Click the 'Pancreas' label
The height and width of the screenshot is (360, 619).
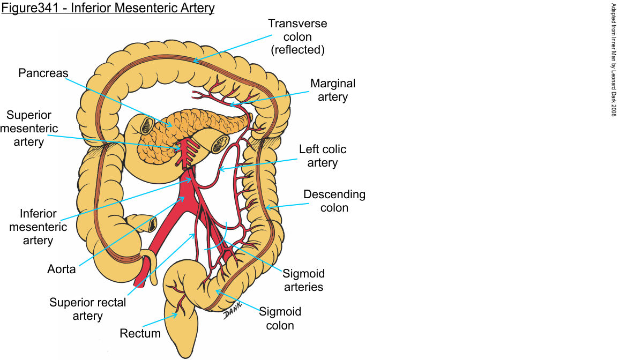tap(43, 72)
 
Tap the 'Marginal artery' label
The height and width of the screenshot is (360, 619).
tap(333, 90)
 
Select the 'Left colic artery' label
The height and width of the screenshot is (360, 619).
tap(323, 156)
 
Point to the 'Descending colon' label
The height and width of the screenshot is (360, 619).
tap(334, 200)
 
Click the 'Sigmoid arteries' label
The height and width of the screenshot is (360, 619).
tap(304, 280)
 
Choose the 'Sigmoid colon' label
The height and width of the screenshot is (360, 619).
tap(280, 318)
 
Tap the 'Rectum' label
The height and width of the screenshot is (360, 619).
tap(140, 333)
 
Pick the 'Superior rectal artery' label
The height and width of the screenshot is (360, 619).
tap(87, 309)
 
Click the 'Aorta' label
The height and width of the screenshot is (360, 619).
tap(61, 269)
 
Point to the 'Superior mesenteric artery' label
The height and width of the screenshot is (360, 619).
tap(29, 129)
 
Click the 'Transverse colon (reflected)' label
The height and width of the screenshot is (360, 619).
tap(297, 37)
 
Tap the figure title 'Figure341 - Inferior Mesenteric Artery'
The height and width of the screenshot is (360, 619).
tap(108, 9)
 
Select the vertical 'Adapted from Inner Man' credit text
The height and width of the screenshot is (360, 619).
tap(614, 59)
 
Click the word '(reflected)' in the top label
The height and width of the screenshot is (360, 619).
tap(297, 50)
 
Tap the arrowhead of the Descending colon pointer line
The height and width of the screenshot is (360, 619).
tap(266, 206)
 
